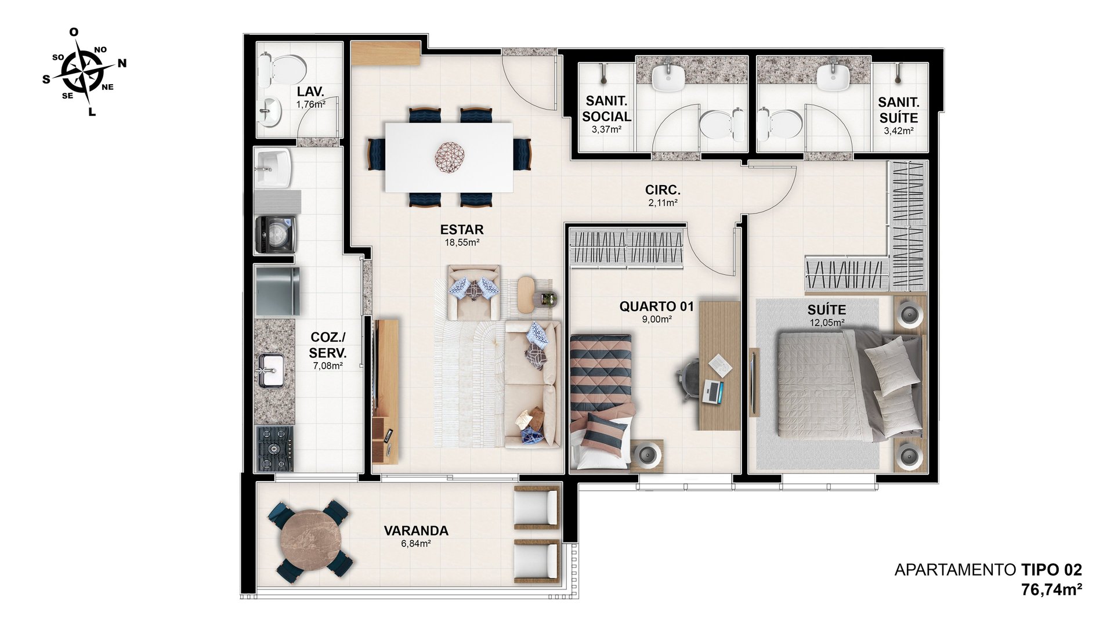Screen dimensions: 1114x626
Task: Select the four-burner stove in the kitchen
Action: coord(275,448)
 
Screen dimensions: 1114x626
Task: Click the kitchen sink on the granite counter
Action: coord(271,370)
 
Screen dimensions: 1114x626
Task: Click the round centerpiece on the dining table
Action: coord(450,156)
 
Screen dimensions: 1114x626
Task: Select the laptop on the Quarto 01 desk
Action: coord(713,391)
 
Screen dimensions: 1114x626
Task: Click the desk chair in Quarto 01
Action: coord(689,378)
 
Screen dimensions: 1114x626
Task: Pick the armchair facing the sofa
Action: coord(473,292)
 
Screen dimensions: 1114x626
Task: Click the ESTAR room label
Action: coord(462,229)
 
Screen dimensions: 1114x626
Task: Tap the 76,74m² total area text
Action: coord(1051,589)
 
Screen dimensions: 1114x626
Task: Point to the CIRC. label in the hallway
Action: coord(663,190)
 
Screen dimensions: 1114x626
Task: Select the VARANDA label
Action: coord(416,530)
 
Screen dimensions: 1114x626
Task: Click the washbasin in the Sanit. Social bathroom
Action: coord(668,77)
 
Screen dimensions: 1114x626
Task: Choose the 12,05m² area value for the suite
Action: coord(827,323)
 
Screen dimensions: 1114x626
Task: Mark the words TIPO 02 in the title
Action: coord(1052,570)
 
